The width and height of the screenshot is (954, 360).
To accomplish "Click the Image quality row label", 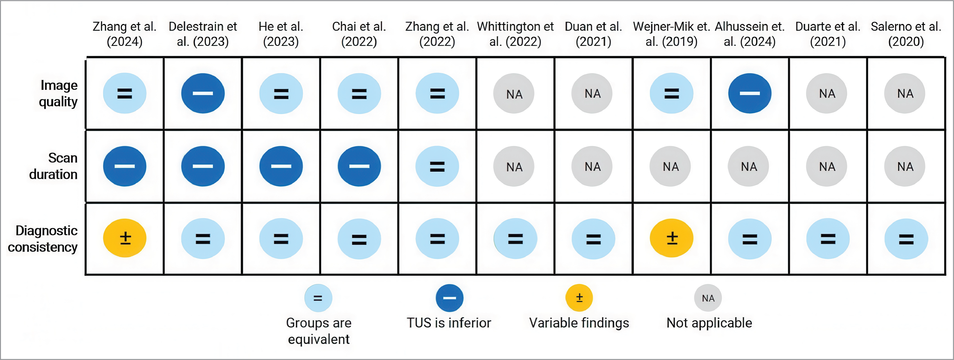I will coord(58,93).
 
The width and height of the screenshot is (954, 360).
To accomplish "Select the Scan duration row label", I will coord(54,166).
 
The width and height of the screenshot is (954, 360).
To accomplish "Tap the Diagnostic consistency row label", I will coord(43,239).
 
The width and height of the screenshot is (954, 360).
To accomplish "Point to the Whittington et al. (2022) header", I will coord(515,34).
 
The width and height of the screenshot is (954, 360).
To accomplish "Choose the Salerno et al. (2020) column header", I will coord(906,34).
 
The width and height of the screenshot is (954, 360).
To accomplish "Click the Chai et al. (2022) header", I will coord(359,34).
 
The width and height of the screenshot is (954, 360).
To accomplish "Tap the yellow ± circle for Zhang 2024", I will coord(125,238).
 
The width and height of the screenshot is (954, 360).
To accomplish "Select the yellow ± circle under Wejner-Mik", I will coord(671,238).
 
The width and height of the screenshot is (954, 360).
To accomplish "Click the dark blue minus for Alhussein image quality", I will coord(750,93).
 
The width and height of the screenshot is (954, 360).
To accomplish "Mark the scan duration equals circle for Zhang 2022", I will coord(437,166).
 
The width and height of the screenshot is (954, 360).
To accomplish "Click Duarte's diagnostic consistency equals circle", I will coord(828,239).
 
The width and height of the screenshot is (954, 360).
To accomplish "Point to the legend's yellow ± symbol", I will coord(579,298).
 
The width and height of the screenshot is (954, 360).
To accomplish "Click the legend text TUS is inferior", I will coord(449,323).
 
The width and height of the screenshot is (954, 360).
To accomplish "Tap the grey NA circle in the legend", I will coord(708,298).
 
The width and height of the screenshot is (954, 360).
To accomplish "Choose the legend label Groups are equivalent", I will coord(318,331).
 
